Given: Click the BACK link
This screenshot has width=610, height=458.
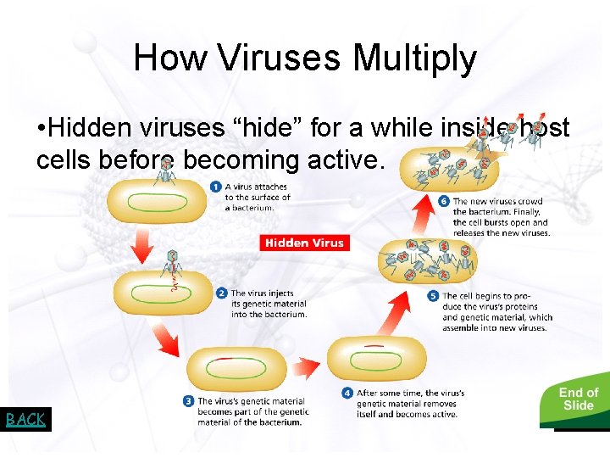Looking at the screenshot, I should pos(25,419).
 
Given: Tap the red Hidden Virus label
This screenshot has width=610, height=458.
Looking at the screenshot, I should pos(304,243).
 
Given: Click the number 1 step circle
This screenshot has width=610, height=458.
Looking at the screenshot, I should pos(217,187).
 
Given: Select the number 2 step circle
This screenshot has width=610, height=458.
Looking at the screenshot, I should pos(222,293).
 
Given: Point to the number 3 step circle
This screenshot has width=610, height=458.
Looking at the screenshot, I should pos(189,401).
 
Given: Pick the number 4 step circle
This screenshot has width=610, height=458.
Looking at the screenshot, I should pos(347,393).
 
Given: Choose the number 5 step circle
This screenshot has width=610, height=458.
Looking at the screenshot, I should pos(434,296).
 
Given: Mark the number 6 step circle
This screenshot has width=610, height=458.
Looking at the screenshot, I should pos(444,202).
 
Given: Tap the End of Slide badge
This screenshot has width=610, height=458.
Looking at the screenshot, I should pos(578,399).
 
